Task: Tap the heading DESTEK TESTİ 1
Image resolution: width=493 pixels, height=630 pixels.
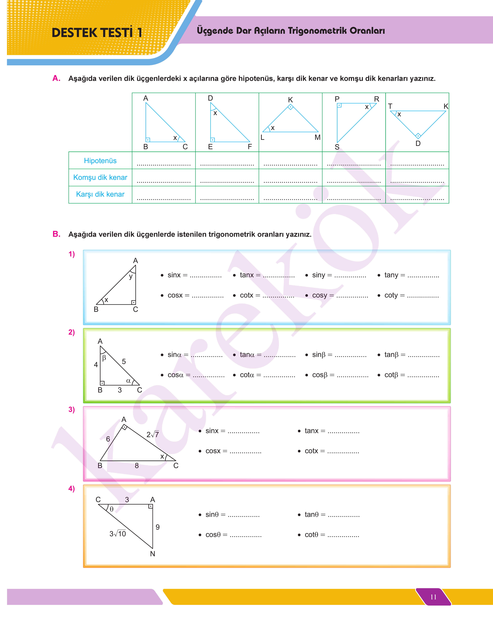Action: pyautogui.click(x=97, y=33)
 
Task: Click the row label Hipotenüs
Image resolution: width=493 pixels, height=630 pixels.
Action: pyautogui.click(x=100, y=161)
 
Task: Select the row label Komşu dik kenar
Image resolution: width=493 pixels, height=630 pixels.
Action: pyautogui.click(x=100, y=178)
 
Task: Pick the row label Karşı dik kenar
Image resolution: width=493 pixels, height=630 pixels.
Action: pyautogui.click(x=100, y=194)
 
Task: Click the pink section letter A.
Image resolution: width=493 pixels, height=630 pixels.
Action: pyautogui.click(x=56, y=78)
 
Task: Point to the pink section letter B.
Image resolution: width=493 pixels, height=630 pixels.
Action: pyautogui.click(x=56, y=234)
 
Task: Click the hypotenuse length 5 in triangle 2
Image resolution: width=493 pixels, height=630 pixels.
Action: pyautogui.click(x=124, y=362)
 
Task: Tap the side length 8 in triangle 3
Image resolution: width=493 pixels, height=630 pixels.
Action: pyautogui.click(x=137, y=466)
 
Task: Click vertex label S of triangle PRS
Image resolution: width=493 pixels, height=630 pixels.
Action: pyautogui.click(x=337, y=147)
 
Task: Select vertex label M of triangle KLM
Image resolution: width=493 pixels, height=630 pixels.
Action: pyautogui.click(x=318, y=137)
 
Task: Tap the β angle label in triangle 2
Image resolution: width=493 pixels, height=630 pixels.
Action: pyautogui.click(x=104, y=358)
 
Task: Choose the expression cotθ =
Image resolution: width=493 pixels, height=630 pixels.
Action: pyautogui.click(x=315, y=535)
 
